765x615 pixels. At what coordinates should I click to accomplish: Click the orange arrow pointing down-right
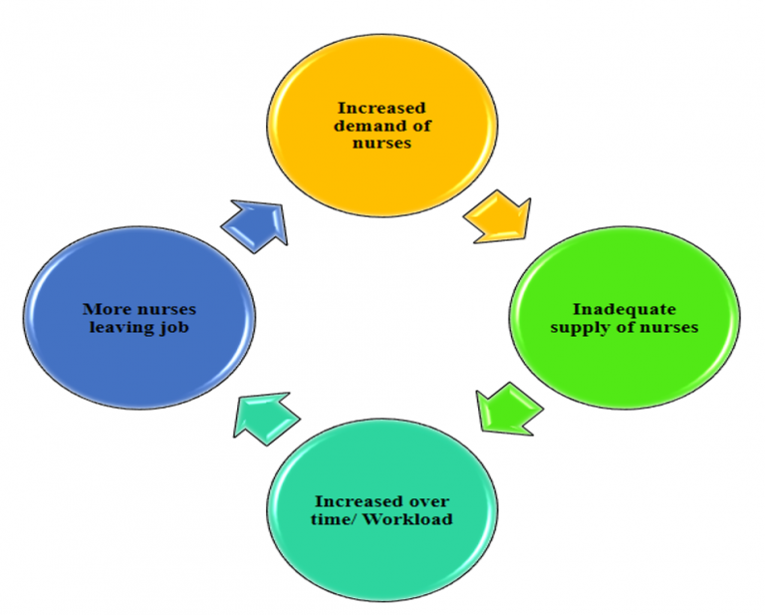(499, 220)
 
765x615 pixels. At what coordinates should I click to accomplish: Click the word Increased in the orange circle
(381, 108)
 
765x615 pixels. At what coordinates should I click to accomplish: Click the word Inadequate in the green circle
(625, 308)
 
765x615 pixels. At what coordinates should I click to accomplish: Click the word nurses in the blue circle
(164, 309)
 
